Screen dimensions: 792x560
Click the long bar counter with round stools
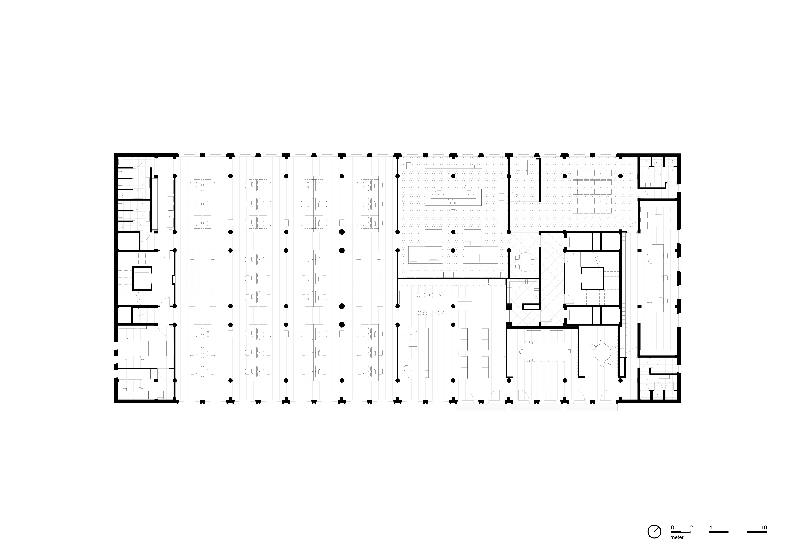(452, 304)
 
